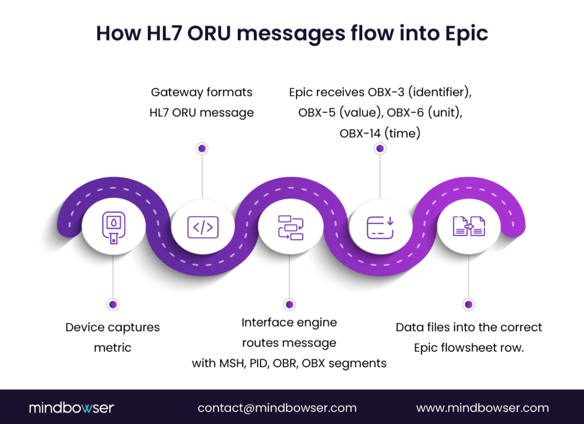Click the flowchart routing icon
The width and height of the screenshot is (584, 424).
pyautogui.click(x=290, y=227)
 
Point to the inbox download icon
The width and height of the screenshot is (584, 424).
pyautogui.click(x=380, y=227)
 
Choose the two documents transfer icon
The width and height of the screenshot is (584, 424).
pyautogui.click(x=468, y=227)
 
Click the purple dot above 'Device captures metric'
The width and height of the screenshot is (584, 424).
pyautogui.click(x=113, y=304)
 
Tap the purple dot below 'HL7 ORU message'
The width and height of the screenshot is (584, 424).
pyautogui.click(x=201, y=148)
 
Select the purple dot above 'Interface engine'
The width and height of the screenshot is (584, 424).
pyautogui.click(x=290, y=304)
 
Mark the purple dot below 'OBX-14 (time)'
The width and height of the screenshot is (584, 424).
pyautogui.click(x=380, y=148)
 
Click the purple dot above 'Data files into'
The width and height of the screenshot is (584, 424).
pyautogui.click(x=468, y=304)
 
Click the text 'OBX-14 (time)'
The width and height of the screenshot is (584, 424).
pyautogui.click(x=380, y=133)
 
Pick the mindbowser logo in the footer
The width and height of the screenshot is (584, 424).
pyautogui.click(x=71, y=407)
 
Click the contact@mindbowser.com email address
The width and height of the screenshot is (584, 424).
pyautogui.click(x=277, y=408)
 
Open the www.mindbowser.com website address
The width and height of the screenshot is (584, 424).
pyautogui.click(x=482, y=408)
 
